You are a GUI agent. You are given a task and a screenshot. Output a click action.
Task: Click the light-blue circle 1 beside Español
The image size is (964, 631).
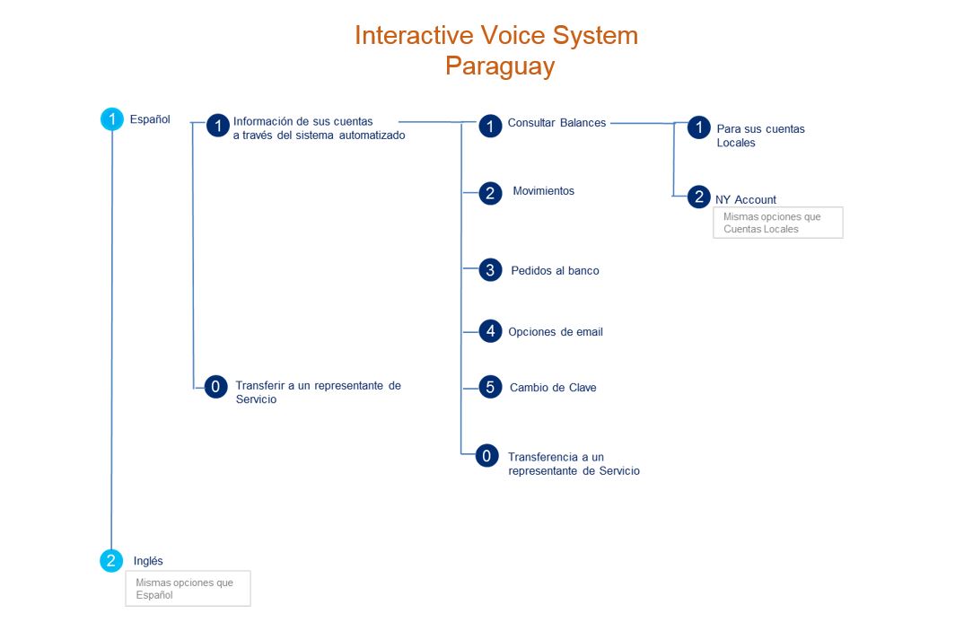pyautogui.click(x=112, y=118)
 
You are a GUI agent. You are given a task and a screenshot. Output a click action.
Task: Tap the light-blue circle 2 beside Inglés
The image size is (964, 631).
pyautogui.click(x=111, y=560)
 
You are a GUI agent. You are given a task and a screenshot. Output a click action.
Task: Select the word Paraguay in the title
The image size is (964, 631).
pyautogui.click(x=500, y=66)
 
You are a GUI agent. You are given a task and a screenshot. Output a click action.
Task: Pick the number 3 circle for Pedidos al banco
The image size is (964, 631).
pyautogui.click(x=490, y=269)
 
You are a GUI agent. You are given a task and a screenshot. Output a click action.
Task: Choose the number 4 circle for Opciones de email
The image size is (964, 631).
pyautogui.click(x=490, y=331)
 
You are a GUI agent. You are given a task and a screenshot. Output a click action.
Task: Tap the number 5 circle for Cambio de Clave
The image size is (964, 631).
pyautogui.click(x=490, y=387)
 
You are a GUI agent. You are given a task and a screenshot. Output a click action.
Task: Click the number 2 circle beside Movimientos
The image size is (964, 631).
pyautogui.click(x=490, y=193)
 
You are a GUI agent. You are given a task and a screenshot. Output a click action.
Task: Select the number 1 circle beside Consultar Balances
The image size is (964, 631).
pyautogui.click(x=490, y=126)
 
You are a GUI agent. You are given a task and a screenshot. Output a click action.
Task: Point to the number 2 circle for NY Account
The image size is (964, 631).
pyautogui.click(x=698, y=197)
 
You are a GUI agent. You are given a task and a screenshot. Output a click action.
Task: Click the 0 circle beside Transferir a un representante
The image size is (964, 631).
pyautogui.click(x=215, y=387)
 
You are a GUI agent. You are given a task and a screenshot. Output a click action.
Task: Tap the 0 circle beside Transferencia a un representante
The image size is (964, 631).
pyautogui.click(x=486, y=456)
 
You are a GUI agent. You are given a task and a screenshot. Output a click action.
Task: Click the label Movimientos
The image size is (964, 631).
pyautogui.click(x=543, y=191)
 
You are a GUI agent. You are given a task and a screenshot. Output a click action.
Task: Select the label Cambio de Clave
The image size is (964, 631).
pyautogui.click(x=553, y=388)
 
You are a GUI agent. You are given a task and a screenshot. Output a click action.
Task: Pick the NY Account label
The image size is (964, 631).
pyautogui.click(x=745, y=200)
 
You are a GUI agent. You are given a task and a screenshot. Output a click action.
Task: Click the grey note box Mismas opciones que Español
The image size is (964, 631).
pyautogui.click(x=188, y=589)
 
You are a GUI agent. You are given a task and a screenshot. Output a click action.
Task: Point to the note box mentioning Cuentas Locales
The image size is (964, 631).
pyautogui.click(x=777, y=223)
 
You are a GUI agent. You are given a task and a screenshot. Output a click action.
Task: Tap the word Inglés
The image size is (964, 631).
pyautogui.click(x=148, y=561)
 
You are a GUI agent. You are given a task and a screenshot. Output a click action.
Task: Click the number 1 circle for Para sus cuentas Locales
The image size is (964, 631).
pyautogui.click(x=698, y=127)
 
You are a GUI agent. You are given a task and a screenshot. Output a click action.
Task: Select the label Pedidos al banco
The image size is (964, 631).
pyautogui.click(x=556, y=270)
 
